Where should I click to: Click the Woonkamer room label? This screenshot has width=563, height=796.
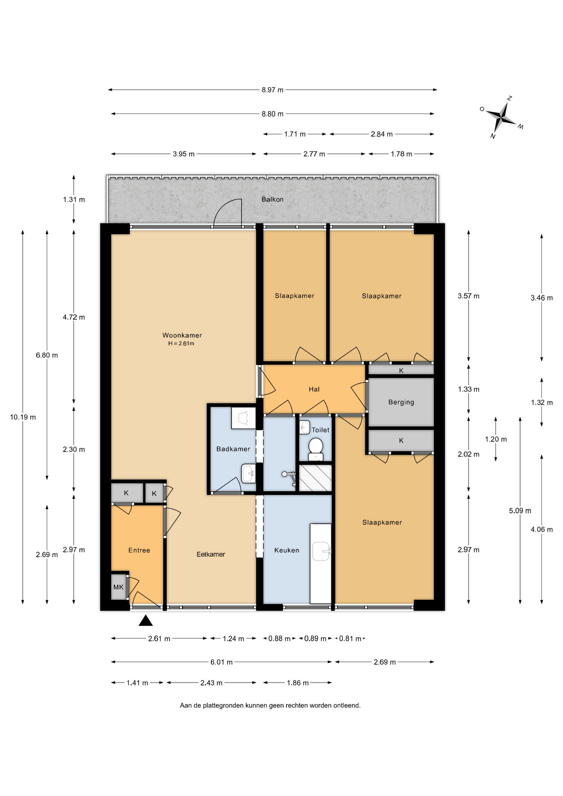(182, 335)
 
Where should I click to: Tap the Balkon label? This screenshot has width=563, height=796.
(272, 199)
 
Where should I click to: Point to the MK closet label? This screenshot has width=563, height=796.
(119, 587)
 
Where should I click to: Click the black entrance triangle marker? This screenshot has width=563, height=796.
(146, 620)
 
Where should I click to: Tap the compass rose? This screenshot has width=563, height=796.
(501, 118)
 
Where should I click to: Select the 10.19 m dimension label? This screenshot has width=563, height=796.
(23, 417)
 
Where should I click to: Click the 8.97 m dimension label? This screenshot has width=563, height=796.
(272, 90)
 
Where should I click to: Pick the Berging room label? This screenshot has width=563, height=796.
(401, 402)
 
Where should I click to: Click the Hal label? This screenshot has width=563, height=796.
(314, 389)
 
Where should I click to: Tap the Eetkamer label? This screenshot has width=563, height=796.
(211, 554)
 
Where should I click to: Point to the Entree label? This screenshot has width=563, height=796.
(139, 550)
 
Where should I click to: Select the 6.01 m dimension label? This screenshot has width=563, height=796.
(221, 662)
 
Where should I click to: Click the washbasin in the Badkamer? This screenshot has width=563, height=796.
(249, 474)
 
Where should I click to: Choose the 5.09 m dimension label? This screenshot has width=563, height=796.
(520, 511)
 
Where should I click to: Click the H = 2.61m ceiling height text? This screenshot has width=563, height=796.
(181, 343)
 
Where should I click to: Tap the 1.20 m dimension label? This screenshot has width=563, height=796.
(496, 439)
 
